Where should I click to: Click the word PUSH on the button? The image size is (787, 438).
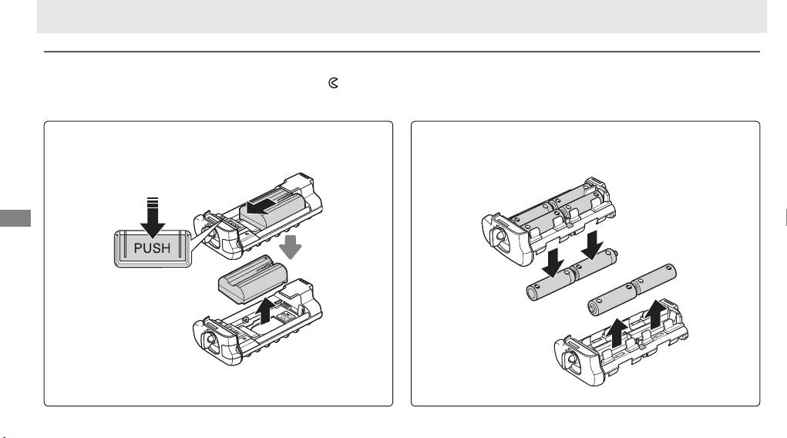tap(152, 248)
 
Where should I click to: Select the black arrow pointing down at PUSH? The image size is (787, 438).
tap(153, 217)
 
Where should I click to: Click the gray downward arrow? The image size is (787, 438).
tap(290, 247)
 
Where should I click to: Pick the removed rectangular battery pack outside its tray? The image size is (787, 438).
tap(253, 279)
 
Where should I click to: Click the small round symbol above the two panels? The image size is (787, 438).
tap(333, 83)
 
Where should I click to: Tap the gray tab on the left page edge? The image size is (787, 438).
tap(15, 218)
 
